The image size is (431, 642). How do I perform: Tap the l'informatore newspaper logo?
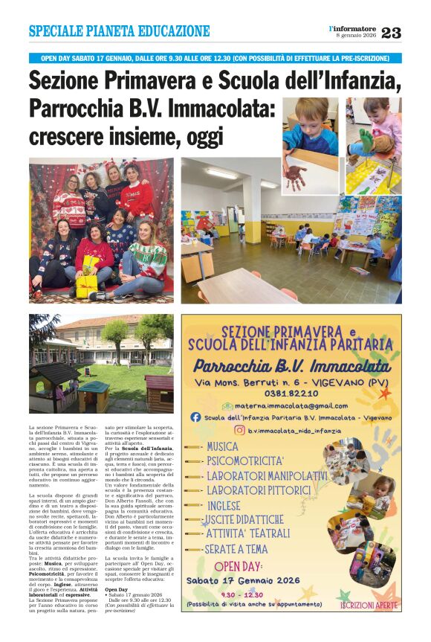[x=354, y=28]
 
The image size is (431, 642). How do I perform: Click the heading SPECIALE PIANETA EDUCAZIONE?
[x=119, y=31]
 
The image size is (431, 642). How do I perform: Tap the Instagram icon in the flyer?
[x=239, y=430]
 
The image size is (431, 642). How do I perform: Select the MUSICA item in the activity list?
[x=222, y=447]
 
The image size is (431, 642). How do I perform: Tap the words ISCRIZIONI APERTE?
[x=369, y=606]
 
